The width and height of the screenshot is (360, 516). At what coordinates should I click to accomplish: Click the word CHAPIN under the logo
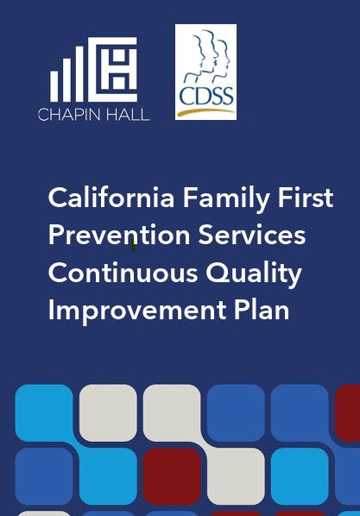(x=67, y=114)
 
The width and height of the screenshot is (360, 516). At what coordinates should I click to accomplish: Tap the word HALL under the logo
(x=125, y=114)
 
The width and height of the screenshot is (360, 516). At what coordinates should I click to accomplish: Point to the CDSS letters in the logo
(x=205, y=95)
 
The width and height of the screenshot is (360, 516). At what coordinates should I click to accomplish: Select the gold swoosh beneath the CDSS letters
(x=205, y=110)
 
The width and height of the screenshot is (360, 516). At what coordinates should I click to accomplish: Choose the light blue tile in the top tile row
(x=44, y=412)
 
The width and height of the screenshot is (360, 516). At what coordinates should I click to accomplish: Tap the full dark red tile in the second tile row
(x=172, y=475)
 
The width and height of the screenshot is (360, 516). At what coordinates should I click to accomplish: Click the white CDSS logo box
(x=205, y=72)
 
